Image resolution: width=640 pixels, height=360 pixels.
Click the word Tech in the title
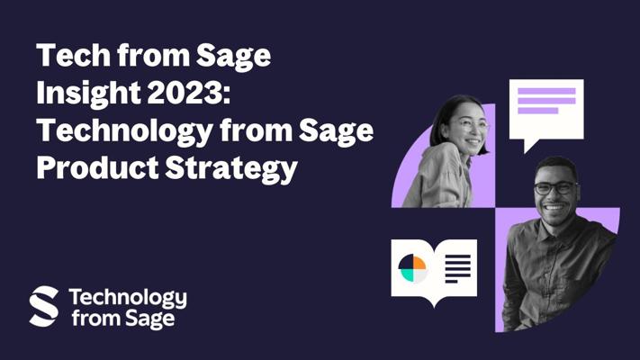74,55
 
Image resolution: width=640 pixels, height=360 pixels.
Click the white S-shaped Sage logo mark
44,306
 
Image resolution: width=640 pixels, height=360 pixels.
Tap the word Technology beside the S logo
128,299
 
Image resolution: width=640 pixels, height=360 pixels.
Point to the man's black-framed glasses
556,188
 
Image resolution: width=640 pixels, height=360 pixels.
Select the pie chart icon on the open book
412,268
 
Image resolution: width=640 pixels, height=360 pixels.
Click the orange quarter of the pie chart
419,262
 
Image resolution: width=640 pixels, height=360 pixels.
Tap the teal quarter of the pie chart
406,274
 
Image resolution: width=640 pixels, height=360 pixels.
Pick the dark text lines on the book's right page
457,268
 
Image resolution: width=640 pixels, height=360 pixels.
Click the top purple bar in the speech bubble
546,91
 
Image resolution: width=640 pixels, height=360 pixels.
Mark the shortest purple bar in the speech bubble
537,111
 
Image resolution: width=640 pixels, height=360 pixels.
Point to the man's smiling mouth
554,208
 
